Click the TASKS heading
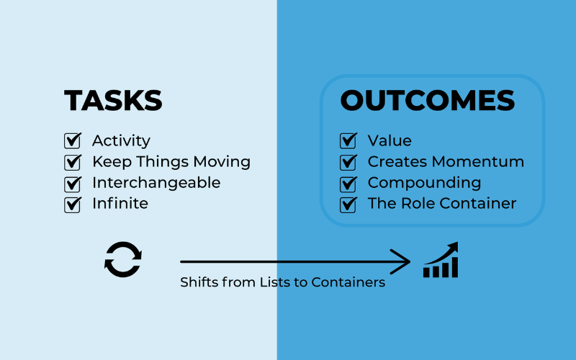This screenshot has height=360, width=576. pyautogui.click(x=113, y=100)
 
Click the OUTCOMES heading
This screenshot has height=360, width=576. pyautogui.click(x=428, y=100)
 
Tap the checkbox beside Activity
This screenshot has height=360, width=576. pyautogui.click(x=72, y=140)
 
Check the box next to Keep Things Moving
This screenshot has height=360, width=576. pyautogui.click(x=72, y=162)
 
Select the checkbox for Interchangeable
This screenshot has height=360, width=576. pyautogui.click(x=72, y=183)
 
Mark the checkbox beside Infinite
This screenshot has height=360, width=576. pyautogui.click(x=72, y=204)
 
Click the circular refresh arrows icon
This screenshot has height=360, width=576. pyautogui.click(x=123, y=259)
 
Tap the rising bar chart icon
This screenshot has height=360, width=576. pyautogui.click(x=441, y=261)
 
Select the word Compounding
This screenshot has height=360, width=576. pyautogui.click(x=424, y=183)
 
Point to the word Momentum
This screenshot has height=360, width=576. pyautogui.click(x=486, y=162)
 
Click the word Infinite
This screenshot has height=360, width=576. pyautogui.click(x=120, y=204)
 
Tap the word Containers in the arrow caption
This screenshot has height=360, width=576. pyautogui.click(x=348, y=282)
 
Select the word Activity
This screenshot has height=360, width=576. pyautogui.click(x=121, y=141)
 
